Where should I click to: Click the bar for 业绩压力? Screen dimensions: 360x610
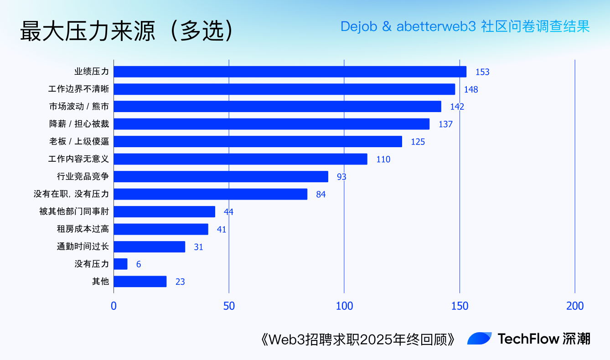[x=290, y=72]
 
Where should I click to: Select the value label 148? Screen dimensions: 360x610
[x=471, y=89]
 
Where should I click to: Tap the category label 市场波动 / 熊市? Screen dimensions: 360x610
[x=79, y=107]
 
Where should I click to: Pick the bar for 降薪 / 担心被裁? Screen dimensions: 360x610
[x=271, y=124]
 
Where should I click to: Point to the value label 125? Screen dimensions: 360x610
[x=418, y=142]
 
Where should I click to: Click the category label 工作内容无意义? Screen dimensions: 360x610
[x=78, y=159]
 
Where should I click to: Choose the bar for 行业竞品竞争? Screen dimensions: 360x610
[x=221, y=176]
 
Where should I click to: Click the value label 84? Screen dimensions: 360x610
[x=321, y=194]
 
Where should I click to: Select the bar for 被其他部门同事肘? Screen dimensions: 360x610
[x=164, y=211]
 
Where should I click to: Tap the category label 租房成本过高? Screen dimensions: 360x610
[x=83, y=229]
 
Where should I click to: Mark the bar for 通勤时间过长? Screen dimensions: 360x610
[x=149, y=247]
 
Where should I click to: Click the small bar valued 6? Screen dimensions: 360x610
[x=120, y=264]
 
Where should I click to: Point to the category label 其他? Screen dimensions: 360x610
[x=100, y=281]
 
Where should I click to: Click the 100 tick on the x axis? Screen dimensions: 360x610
[x=344, y=306]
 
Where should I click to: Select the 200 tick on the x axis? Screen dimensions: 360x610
[x=574, y=306]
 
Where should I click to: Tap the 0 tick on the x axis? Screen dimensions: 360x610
[x=114, y=306]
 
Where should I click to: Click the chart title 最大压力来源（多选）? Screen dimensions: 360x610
[x=127, y=31]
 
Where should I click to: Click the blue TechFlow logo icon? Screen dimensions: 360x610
[x=479, y=339]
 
